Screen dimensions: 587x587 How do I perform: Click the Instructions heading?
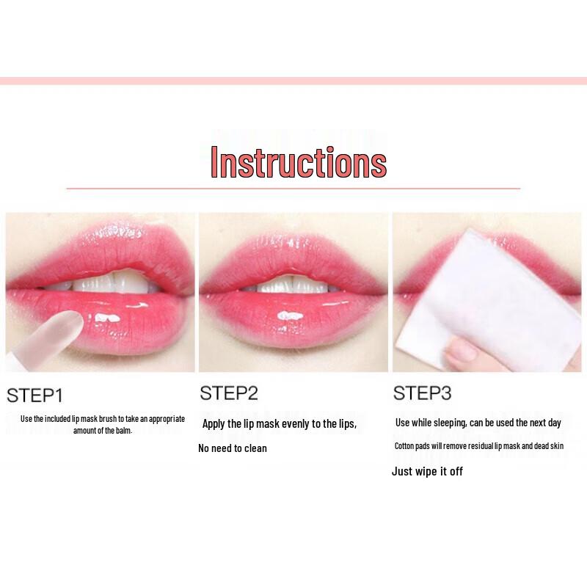click(x=298, y=162)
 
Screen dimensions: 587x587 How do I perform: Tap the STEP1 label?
click(x=34, y=396)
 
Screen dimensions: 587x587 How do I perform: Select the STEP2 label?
click(x=229, y=393)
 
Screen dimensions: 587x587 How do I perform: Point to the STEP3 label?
click(x=422, y=393)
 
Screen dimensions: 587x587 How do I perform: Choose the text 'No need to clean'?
click(x=233, y=448)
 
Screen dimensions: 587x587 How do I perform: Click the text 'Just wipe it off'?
click(x=427, y=472)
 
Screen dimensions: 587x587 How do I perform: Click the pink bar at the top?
click(x=293, y=81)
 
